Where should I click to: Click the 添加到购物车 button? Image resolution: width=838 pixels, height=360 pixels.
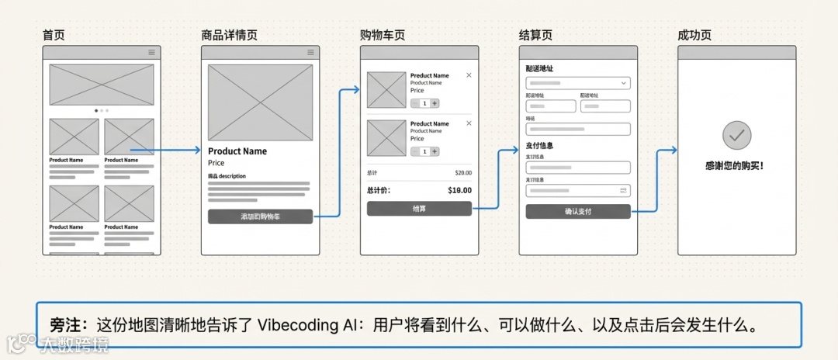point(260,216)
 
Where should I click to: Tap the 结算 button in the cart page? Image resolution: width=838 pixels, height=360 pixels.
point(419,208)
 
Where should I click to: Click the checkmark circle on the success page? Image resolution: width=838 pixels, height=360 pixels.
point(736,136)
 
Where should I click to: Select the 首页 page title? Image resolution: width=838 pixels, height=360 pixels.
point(54,36)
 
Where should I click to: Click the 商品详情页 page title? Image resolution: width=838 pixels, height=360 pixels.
point(229,36)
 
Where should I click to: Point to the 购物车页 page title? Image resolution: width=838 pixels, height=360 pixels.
point(382,36)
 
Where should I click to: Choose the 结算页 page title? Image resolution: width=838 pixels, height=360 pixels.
point(535,36)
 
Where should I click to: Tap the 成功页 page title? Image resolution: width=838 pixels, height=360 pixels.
point(694,36)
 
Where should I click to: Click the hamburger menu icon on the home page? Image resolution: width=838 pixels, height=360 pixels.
point(151,52)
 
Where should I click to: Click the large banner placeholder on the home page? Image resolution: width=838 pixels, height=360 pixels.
point(102,85)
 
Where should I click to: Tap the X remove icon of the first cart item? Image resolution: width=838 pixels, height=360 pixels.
point(469,75)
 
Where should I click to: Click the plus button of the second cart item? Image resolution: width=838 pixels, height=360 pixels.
point(435,151)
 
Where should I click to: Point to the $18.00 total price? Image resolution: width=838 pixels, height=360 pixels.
point(459,190)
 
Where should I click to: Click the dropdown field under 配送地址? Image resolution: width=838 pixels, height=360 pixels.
point(577,83)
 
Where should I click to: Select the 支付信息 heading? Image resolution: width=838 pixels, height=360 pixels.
point(539,145)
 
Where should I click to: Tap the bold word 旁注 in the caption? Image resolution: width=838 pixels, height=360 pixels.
point(62,324)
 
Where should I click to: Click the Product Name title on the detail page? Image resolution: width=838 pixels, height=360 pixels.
point(237,151)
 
